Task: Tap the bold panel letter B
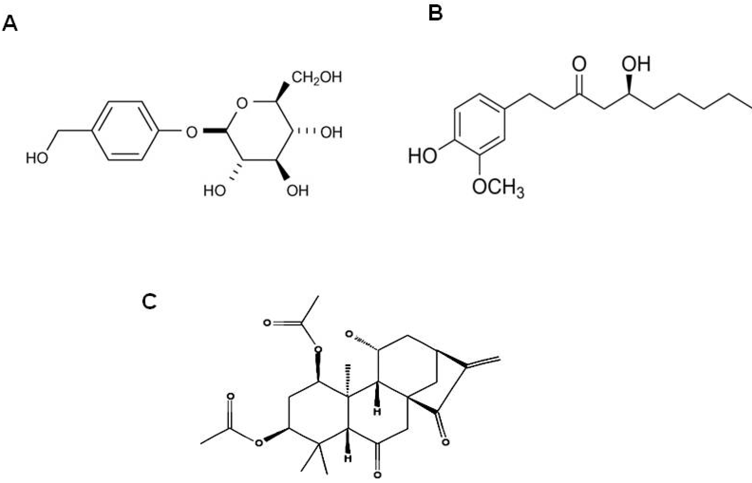pos(436,13)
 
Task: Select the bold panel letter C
pos(149,302)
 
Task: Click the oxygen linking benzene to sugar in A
pos(192,132)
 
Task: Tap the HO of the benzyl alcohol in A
pos(37,158)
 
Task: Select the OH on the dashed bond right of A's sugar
pos(331,132)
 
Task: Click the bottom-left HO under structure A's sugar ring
pos(215,190)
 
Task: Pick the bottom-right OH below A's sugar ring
pos(298,190)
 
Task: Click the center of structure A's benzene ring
pos(125,131)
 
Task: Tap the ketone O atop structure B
pos(579,64)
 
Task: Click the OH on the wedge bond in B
pos(636,64)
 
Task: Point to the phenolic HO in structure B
pos(422,156)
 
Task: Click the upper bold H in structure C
pos(377,411)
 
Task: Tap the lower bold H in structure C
pos(348,458)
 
